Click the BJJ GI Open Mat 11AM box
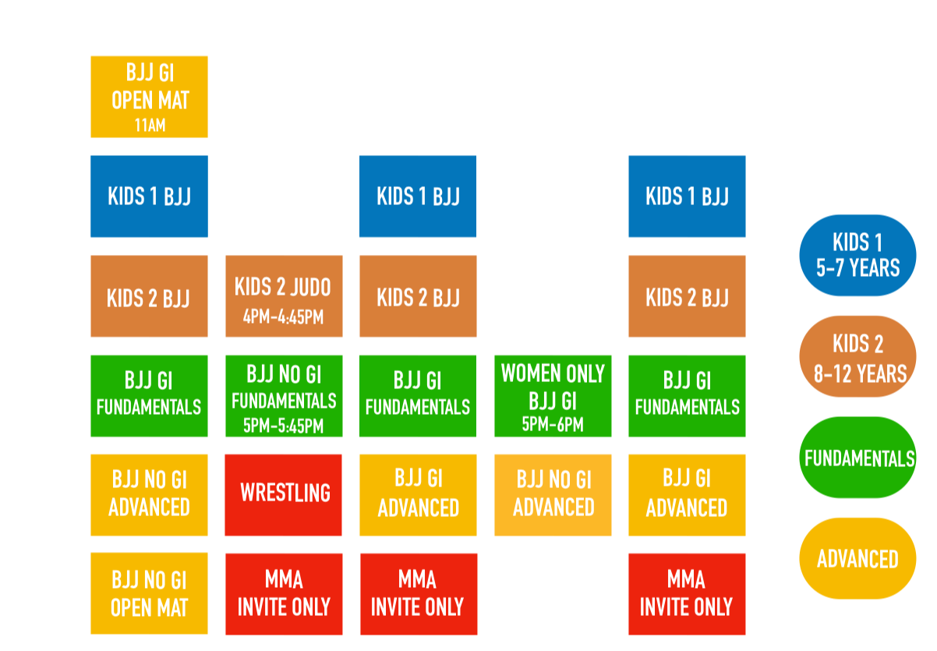pos(149,97)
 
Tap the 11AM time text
pos(150,125)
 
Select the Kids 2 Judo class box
pos(284,296)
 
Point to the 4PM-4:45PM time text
pos(283,317)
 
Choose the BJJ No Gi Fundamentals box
pos(284,396)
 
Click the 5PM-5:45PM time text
pos(283,426)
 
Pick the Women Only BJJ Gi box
pos(553,396)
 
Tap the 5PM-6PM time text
pos(553,424)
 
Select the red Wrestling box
pos(283,495)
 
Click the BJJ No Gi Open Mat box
pos(149,593)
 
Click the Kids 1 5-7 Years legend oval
pos(857,255)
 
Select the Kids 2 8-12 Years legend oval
pos(857,356)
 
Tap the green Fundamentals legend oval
pos(857,458)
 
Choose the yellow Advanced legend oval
pos(857,558)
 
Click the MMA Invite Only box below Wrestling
pos(284,594)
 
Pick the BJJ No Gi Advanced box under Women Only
pos(553,495)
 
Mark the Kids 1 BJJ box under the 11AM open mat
pos(149,196)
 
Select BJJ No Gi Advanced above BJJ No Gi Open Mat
pos(149,495)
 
